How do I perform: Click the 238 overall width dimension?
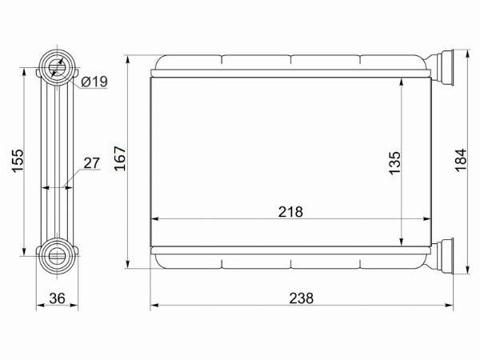pos(302,298)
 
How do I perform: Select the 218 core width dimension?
pos(290,211)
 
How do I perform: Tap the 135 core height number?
pos(394,162)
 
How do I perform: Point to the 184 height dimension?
pos(461,160)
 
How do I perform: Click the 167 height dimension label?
pos(120,158)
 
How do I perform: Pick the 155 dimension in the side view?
pos(18,161)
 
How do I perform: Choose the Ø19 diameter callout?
pos(94,82)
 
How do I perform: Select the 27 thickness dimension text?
pos(92,163)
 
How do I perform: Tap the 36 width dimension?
pos(58,298)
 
